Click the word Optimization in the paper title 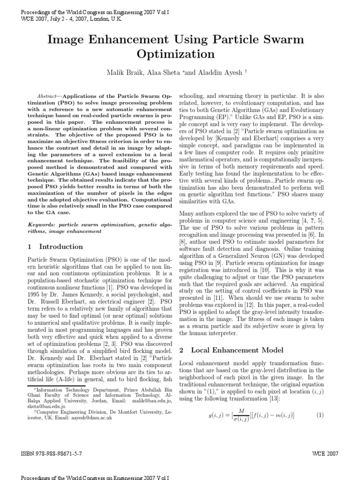point(176,54)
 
